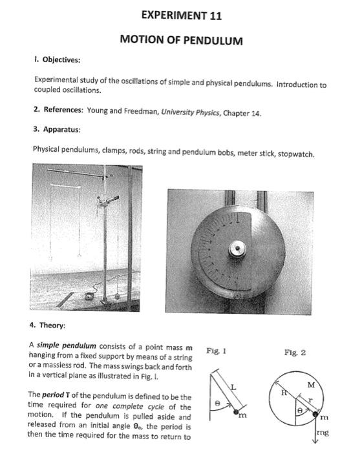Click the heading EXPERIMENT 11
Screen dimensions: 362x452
click(x=182, y=15)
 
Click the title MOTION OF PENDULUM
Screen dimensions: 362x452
click(x=181, y=40)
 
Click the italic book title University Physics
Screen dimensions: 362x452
click(x=190, y=112)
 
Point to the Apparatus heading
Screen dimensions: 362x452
click(x=61, y=129)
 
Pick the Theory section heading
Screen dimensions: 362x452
click(x=52, y=325)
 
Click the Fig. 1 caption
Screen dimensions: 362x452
click(x=216, y=351)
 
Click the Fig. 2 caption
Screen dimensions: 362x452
click(x=295, y=353)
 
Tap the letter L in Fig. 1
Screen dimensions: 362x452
click(x=233, y=387)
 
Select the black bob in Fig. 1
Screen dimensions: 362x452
click(x=236, y=412)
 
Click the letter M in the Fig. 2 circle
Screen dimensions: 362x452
click(x=311, y=385)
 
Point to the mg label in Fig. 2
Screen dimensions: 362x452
click(x=323, y=433)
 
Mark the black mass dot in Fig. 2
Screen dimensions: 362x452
click(x=315, y=415)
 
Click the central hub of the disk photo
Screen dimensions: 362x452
click(x=237, y=249)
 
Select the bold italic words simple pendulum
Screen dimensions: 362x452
click(x=67, y=345)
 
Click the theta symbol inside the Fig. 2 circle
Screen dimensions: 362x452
click(x=300, y=411)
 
